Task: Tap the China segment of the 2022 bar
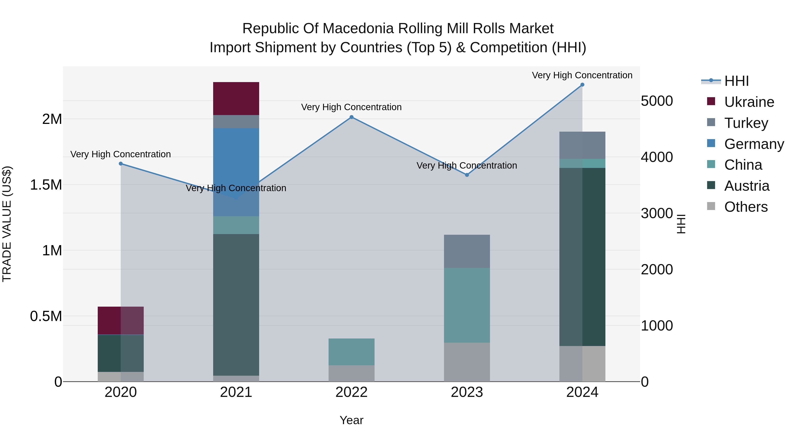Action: click(x=351, y=352)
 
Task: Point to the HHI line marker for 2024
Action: click(x=582, y=85)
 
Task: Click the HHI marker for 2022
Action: click(x=351, y=117)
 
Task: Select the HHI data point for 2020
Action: click(x=121, y=163)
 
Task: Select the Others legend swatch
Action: click(x=711, y=206)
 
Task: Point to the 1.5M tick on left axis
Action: click(x=46, y=185)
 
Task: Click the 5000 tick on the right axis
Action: click(x=657, y=101)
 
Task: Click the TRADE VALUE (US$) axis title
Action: click(x=7, y=224)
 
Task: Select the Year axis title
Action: click(x=351, y=420)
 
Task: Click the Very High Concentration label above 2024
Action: click(x=582, y=75)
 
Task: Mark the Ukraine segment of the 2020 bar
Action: click(x=121, y=320)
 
